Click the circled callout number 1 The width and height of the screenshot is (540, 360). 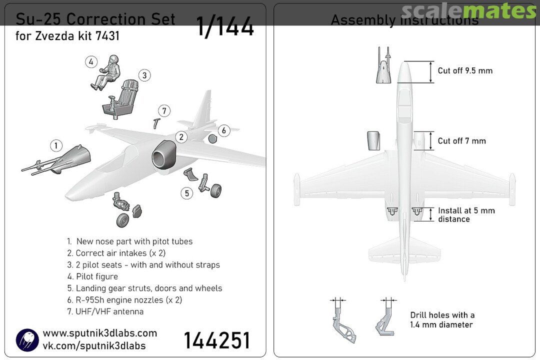coord(56,145)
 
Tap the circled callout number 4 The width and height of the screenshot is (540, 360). coord(90,62)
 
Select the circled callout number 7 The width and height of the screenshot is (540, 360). coord(164,110)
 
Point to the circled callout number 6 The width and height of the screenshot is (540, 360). coord(223,130)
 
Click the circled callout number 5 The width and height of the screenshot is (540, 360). coord(186,192)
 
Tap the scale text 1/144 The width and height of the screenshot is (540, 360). coord(225,27)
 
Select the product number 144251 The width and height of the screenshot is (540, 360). coord(216,340)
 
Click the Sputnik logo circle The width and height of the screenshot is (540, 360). coord(27,339)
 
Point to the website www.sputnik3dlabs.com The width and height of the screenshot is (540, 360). coord(100,333)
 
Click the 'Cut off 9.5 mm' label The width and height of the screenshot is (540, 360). coord(465,70)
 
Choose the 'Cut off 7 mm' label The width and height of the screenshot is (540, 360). coord(461,141)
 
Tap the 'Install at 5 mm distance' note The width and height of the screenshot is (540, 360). coord(466,214)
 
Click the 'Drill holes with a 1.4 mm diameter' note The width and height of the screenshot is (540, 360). coord(442,319)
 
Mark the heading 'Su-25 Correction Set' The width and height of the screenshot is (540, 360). coord(95,19)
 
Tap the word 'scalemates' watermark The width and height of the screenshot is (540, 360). coord(468,11)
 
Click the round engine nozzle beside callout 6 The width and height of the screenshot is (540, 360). coord(211,139)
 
